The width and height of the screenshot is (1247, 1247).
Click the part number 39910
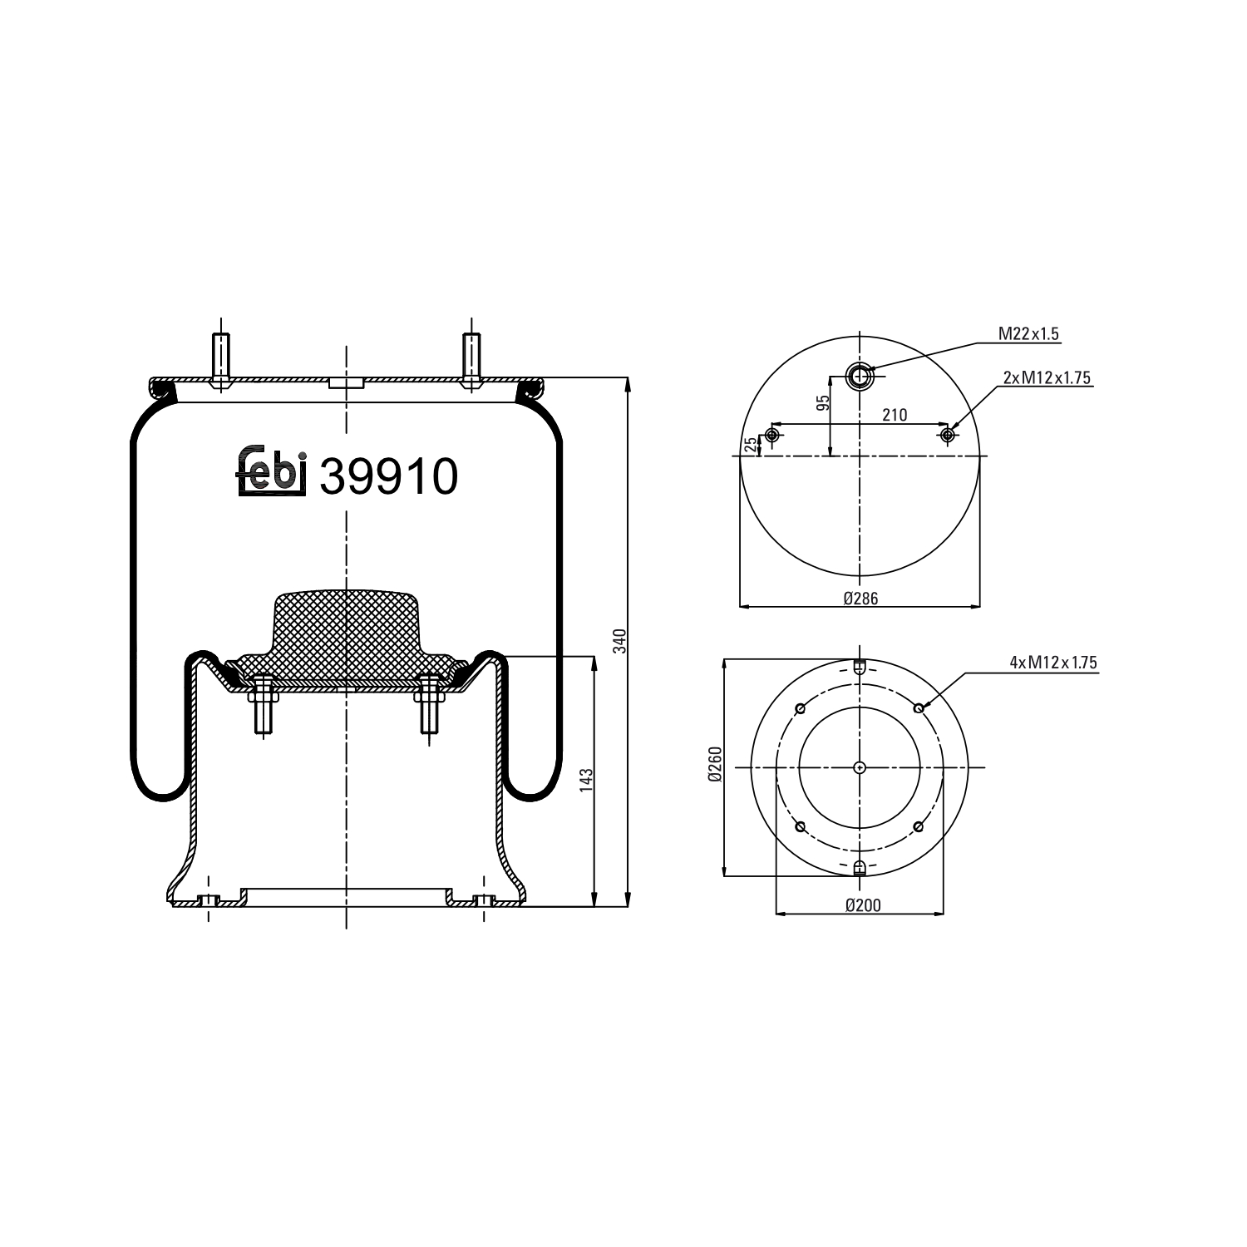(x=388, y=477)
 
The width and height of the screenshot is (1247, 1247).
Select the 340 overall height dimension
(x=618, y=642)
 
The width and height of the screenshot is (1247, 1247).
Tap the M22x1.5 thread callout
(x=1028, y=334)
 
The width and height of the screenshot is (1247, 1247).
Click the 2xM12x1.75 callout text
(x=1047, y=377)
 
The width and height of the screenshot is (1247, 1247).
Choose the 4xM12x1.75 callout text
(x=1053, y=663)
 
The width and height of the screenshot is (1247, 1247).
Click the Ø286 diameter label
(x=860, y=598)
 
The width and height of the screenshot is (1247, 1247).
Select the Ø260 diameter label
(x=715, y=764)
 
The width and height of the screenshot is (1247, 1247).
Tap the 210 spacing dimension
(x=895, y=415)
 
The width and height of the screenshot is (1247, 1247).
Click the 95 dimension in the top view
(x=823, y=403)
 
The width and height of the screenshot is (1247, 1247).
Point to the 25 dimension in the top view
(x=752, y=445)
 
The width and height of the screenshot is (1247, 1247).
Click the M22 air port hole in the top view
(x=859, y=377)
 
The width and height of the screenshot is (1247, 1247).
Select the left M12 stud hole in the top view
(x=772, y=435)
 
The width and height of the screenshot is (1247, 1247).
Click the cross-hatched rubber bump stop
(x=346, y=632)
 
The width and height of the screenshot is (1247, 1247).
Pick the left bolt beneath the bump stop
(x=262, y=703)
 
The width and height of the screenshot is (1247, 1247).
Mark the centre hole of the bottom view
(x=860, y=767)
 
